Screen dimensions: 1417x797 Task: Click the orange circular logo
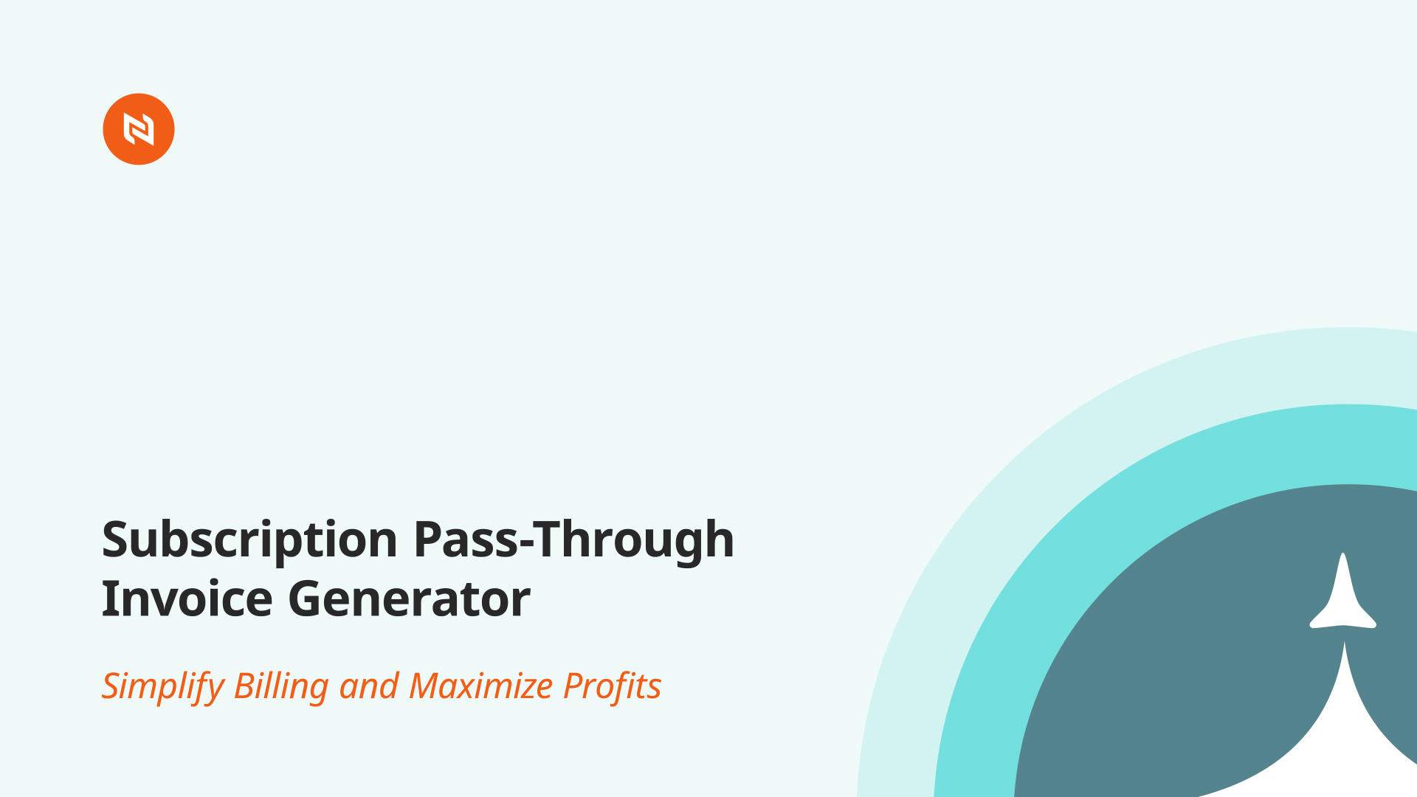point(139,129)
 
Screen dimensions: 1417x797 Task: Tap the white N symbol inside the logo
point(139,129)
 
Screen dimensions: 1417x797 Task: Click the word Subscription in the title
point(250,540)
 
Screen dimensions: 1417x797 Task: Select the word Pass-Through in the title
point(574,540)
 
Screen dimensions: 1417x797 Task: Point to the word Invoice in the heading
point(187,598)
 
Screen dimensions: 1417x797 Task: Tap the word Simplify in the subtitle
point(162,687)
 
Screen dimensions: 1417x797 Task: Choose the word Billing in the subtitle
point(281,687)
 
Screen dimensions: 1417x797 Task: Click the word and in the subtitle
point(369,687)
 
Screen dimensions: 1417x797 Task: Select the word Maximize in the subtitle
point(481,686)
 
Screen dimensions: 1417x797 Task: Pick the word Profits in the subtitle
point(613,686)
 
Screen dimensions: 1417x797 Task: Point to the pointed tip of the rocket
point(1343,553)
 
